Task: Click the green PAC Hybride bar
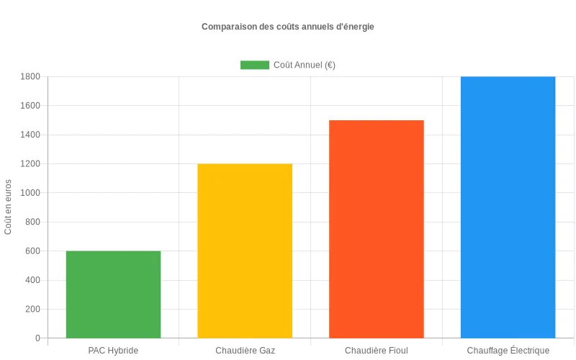click(113, 294)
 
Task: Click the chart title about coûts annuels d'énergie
click(288, 27)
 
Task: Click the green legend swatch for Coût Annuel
click(254, 65)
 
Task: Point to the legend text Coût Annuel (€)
click(305, 65)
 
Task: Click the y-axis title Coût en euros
click(9, 207)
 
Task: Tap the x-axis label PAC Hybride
click(113, 351)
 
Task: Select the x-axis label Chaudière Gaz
click(245, 351)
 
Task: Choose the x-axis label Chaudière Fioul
click(377, 351)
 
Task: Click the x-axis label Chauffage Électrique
click(508, 351)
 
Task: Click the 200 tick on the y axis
click(33, 309)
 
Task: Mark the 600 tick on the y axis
click(33, 251)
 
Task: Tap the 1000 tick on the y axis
click(31, 193)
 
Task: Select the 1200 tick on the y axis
click(31, 163)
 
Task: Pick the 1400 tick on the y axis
click(31, 135)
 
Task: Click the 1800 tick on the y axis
click(31, 76)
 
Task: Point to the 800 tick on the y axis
click(33, 222)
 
